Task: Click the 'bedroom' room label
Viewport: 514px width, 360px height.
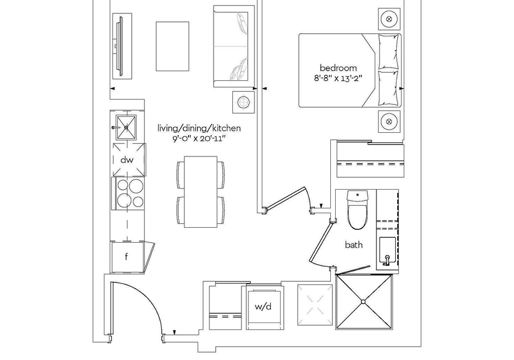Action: (338, 68)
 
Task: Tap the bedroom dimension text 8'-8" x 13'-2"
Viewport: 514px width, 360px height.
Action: (338, 78)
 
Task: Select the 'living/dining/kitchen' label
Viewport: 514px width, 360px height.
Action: (199, 128)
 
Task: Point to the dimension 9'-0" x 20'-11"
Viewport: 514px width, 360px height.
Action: (199, 138)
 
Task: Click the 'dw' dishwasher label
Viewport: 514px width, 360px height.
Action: (127, 160)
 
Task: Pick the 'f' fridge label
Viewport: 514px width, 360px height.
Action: (126, 257)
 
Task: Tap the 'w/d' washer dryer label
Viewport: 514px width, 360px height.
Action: (263, 307)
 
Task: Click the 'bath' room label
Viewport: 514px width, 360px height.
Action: (354, 245)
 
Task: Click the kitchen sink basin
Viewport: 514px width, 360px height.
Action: (126, 127)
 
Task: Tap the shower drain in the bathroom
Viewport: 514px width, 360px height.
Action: (363, 301)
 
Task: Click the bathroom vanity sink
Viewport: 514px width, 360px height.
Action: (387, 251)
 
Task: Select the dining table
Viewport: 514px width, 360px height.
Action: (201, 192)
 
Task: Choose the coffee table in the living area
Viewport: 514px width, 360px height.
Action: (172, 46)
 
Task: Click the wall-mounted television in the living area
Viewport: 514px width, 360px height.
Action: (118, 46)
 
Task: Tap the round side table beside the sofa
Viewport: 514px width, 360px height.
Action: (243, 102)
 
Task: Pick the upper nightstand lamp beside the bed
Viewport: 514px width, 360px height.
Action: (389, 19)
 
